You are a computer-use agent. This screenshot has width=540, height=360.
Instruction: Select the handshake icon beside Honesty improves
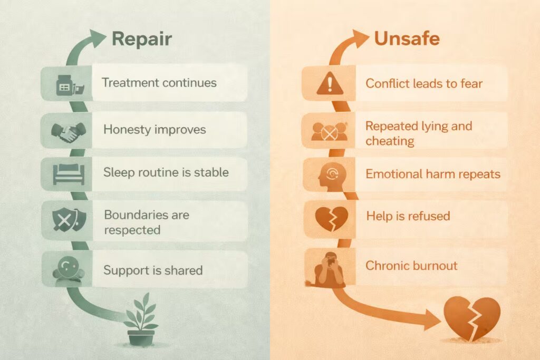64,131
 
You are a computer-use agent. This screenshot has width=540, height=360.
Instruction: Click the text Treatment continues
159,83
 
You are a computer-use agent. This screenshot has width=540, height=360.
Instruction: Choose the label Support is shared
153,270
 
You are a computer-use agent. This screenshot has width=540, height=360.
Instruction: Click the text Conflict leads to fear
424,83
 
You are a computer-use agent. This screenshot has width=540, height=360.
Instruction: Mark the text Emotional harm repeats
432,174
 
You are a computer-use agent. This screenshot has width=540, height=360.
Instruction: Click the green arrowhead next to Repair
97,36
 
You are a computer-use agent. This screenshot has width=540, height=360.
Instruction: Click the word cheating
389,141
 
